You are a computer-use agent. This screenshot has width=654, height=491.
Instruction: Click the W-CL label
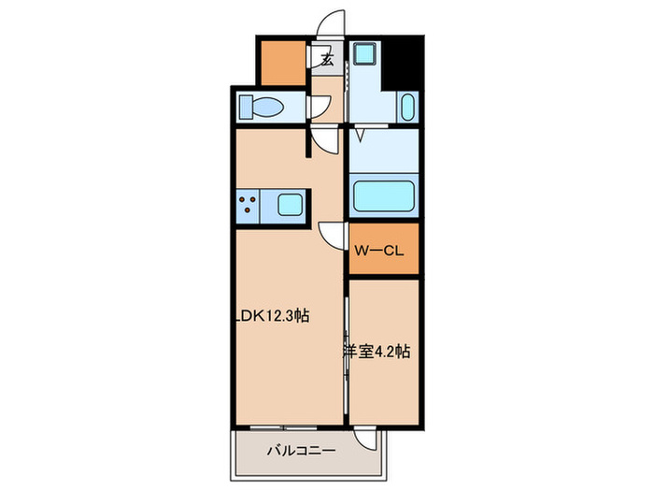pyautogui.click(x=378, y=250)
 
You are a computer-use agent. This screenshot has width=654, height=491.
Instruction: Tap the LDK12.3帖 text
pyautogui.click(x=272, y=317)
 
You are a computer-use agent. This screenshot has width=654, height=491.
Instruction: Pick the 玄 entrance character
pyautogui.click(x=328, y=61)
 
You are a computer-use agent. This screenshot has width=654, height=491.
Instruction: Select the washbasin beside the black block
pyautogui.click(x=407, y=107)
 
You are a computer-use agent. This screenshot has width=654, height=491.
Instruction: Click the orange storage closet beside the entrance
pyautogui.click(x=282, y=62)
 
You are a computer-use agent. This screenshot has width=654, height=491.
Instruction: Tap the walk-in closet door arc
pyautogui.click(x=332, y=234)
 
